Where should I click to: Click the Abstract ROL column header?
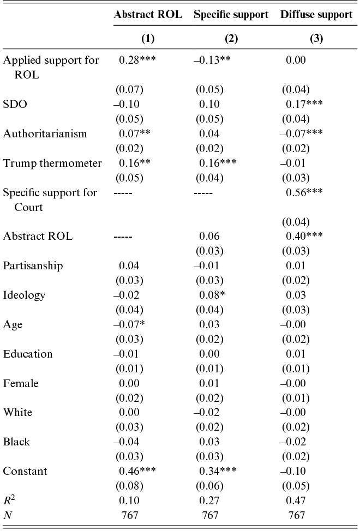[148, 15]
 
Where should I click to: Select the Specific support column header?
[231, 15]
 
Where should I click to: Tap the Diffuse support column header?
[316, 15]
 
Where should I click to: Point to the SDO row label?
[15, 104]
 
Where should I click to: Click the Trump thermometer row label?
[52, 163]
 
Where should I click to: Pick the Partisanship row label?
[33, 265]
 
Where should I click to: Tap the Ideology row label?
[24, 295]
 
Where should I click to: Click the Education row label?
[28, 354]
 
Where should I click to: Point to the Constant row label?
[25, 471]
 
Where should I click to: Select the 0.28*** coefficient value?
[137, 60]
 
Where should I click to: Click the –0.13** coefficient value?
[213, 60]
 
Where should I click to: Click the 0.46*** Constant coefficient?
[137, 471]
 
